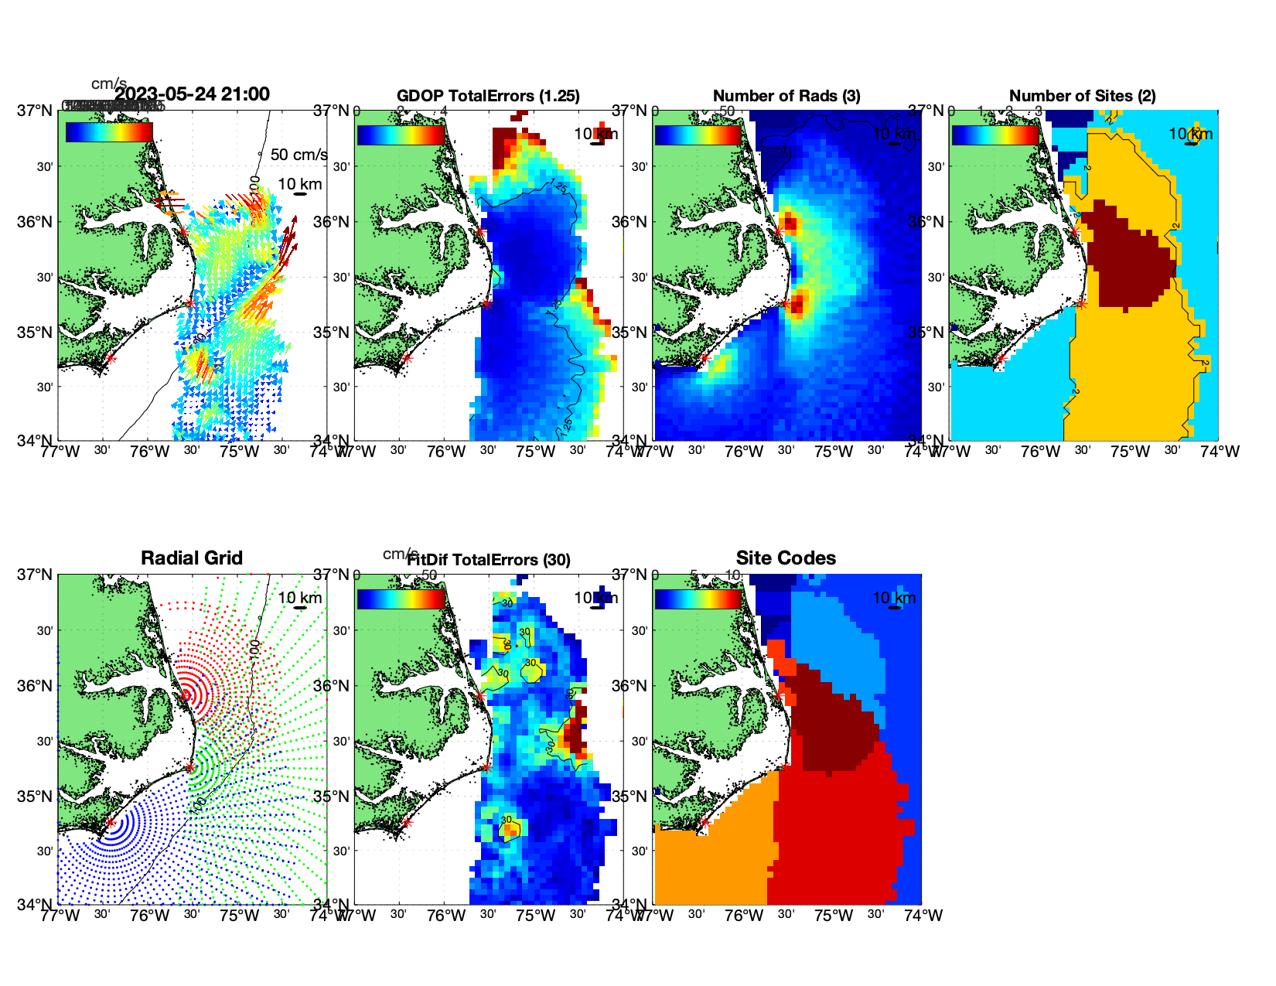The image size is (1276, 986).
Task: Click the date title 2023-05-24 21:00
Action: [193, 94]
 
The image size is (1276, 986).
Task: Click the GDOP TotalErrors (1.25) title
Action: [488, 96]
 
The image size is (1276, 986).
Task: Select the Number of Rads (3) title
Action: [786, 96]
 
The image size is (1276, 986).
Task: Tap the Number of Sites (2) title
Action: [1082, 96]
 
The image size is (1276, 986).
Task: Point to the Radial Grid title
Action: [192, 558]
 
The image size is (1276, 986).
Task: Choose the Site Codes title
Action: [786, 558]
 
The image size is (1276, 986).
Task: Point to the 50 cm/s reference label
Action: [299, 155]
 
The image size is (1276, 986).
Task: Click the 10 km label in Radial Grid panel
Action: [299, 598]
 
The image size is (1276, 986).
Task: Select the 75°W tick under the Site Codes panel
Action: [834, 916]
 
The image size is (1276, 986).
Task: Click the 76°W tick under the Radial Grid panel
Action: [149, 916]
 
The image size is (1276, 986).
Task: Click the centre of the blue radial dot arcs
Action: [111, 823]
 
